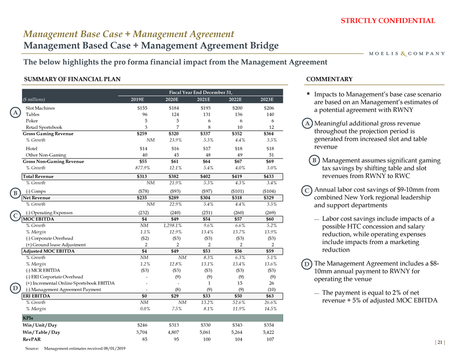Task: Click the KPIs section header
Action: coord(27,317)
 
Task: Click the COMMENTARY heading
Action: coord(329,79)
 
